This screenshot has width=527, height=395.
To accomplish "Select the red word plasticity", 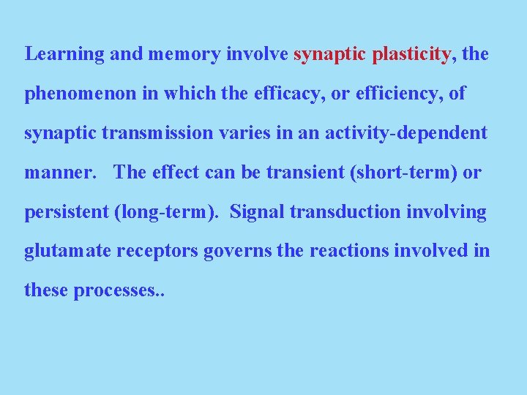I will pos(411,55).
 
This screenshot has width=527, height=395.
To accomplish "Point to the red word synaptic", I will pos(329,55).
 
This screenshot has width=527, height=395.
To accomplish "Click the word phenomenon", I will pos(70,94).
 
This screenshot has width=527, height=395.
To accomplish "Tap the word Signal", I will pos(257,213).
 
